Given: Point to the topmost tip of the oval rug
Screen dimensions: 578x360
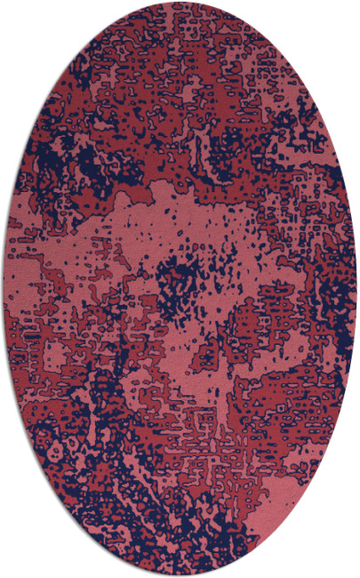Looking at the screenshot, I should coord(180,3).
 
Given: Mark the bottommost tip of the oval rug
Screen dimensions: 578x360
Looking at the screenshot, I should coord(180,575).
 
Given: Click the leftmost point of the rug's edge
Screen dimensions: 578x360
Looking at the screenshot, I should coord(3,289).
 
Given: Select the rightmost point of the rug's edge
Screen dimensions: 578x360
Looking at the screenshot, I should coord(357,289).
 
